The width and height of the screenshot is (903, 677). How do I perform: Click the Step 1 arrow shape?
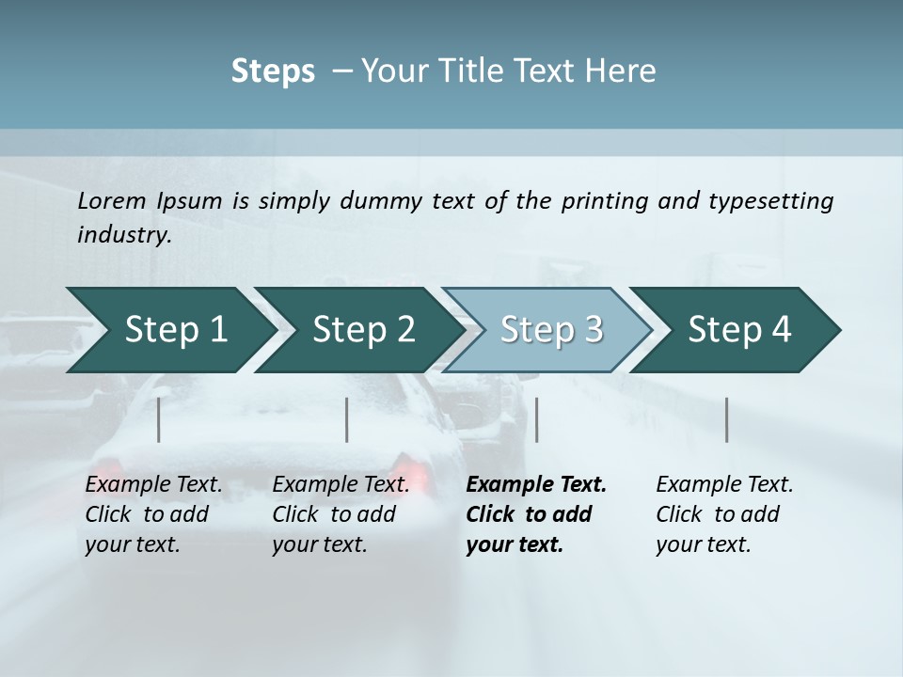point(169,330)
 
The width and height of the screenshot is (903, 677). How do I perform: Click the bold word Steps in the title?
point(273,71)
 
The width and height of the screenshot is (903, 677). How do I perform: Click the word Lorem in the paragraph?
point(111,200)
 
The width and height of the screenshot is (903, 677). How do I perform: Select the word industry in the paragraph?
point(124,234)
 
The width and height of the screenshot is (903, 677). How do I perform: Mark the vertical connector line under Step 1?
point(159,419)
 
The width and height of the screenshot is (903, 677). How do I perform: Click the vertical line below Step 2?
point(347,419)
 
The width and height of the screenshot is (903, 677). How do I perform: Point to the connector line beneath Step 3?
point(537,419)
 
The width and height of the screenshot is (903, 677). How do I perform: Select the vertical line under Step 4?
point(727,419)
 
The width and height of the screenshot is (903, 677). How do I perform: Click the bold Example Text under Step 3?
point(536,485)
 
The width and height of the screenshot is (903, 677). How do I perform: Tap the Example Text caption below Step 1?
point(153,485)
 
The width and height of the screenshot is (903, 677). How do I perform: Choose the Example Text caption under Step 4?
point(724,485)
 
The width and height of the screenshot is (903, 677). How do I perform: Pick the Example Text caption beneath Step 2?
point(341,485)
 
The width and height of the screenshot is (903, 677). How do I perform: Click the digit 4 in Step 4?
point(780,330)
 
